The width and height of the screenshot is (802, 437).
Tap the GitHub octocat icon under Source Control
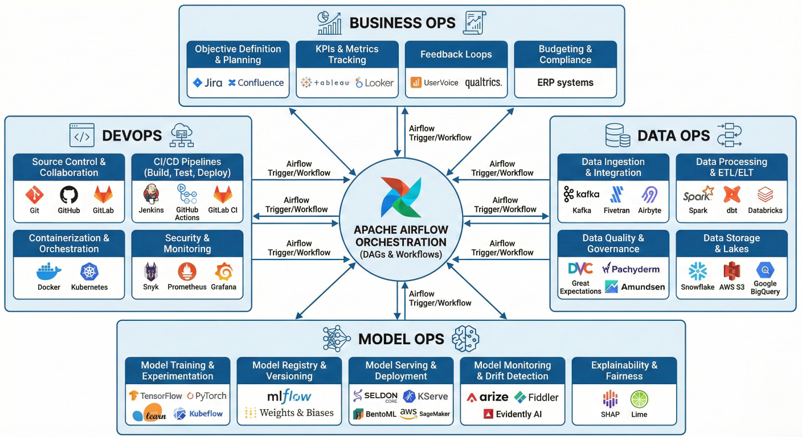(69, 195)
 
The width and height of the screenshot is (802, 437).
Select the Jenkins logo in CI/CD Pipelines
(151, 195)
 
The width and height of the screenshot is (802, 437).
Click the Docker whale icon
(48, 271)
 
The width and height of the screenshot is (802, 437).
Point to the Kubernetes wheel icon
(89, 271)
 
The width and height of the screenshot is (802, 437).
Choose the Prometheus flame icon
(187, 271)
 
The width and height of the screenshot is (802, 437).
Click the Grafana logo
(223, 271)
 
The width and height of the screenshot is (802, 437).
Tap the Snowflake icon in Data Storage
(697, 271)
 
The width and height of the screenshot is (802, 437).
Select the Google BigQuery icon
(764, 270)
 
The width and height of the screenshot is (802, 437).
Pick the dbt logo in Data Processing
(731, 195)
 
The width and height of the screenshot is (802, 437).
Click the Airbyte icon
(649, 195)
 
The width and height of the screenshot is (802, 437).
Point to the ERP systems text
(565, 83)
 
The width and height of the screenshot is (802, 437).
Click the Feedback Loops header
(456, 55)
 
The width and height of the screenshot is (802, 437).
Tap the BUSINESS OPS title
(402, 23)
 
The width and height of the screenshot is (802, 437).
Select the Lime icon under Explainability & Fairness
(639, 399)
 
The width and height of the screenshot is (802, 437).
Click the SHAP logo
(609, 399)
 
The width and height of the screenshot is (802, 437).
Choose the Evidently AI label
(518, 414)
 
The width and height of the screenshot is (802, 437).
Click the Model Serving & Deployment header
(401, 370)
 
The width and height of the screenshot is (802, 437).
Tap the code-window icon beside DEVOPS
(81, 135)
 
